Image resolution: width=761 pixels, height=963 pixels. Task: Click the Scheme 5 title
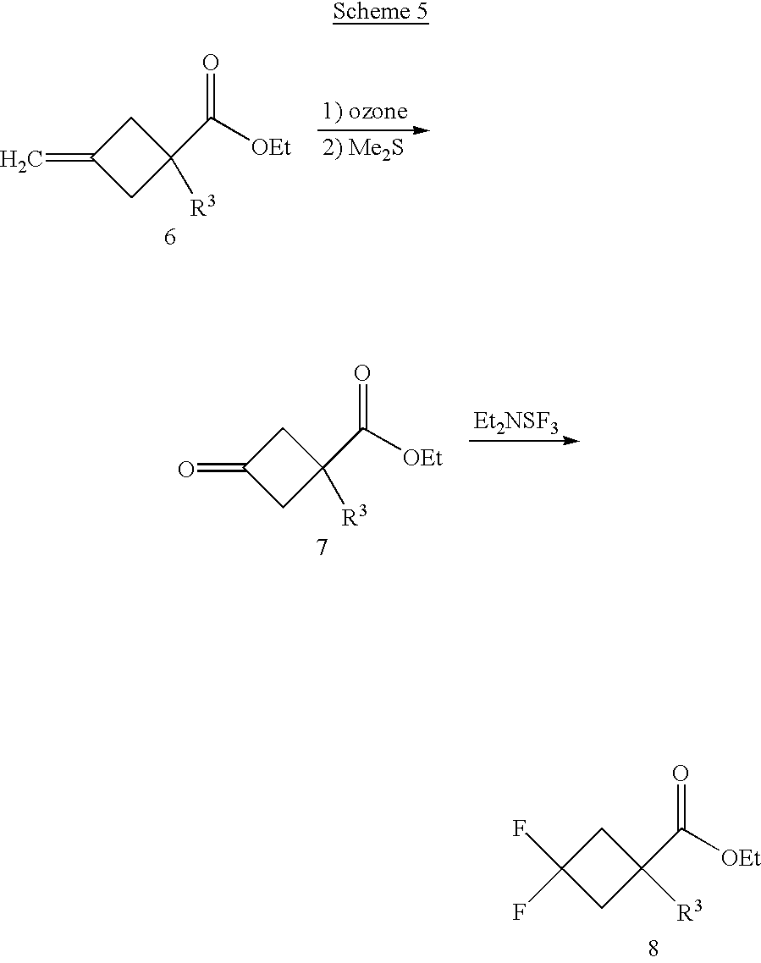(380, 13)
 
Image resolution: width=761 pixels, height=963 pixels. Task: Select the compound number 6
(169, 239)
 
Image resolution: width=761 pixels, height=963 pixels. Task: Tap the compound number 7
(322, 548)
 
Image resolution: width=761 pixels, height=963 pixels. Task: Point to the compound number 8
(653, 949)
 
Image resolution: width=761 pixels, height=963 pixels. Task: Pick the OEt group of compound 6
(271, 149)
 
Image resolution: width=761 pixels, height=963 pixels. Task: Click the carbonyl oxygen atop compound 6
(212, 63)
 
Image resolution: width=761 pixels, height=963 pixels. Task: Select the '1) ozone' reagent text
(365, 111)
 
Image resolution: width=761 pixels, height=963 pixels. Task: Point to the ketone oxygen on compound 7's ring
(186, 467)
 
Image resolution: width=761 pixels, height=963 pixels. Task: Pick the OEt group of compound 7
(422, 459)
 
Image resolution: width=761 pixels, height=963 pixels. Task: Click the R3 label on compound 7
(356, 516)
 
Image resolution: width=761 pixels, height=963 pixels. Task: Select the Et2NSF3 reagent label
(516, 422)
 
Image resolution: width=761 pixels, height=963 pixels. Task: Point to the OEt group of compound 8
(741, 860)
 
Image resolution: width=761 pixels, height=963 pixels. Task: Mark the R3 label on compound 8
(689, 912)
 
